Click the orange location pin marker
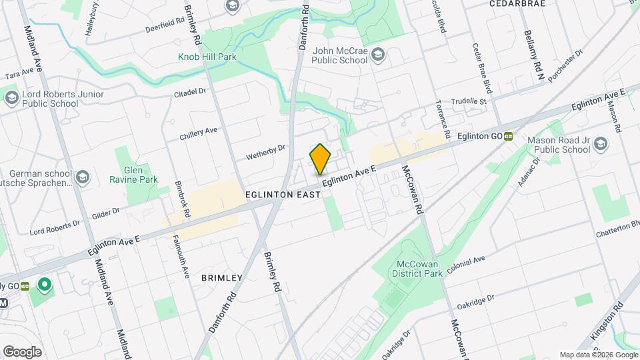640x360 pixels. point(321,159)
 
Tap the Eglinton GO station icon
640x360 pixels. point(509,136)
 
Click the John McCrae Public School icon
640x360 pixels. point(379,54)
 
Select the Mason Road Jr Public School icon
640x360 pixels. point(601,145)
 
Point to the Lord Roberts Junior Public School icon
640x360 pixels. point(11,99)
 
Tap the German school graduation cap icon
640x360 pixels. point(82,177)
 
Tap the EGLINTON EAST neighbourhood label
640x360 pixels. point(283,194)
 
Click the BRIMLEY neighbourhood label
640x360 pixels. point(221,277)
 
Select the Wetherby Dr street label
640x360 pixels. point(265,152)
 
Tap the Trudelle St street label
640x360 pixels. point(470,101)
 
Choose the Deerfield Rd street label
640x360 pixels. point(167,25)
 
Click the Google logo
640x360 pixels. point(22,351)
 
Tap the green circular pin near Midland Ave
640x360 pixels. point(45,286)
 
